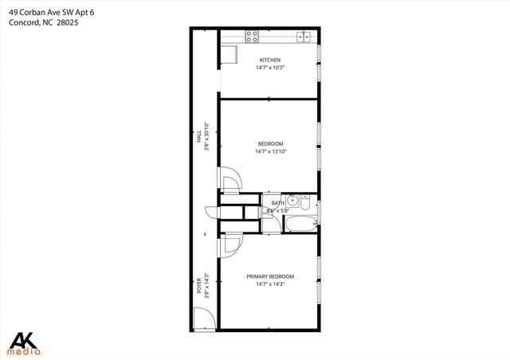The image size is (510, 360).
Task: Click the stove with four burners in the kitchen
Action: click(x=252, y=37)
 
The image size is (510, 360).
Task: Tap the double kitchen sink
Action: click(x=303, y=36)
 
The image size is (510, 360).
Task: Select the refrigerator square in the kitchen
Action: click(x=229, y=53)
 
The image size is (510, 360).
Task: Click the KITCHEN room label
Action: click(x=270, y=60)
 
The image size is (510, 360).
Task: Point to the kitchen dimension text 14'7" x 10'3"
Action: click(x=270, y=68)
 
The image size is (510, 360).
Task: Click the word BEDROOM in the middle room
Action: click(x=270, y=143)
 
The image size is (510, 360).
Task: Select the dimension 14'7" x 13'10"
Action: click(x=270, y=151)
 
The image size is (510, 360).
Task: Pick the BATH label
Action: click(x=277, y=203)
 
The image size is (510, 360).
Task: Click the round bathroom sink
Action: click(x=292, y=200)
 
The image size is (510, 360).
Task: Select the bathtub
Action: click(x=301, y=224)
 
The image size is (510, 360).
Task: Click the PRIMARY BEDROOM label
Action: click(x=270, y=276)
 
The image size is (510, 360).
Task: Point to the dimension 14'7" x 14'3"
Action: click(x=270, y=284)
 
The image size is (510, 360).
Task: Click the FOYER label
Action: click(x=199, y=286)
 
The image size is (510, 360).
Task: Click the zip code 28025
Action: click(x=68, y=22)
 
